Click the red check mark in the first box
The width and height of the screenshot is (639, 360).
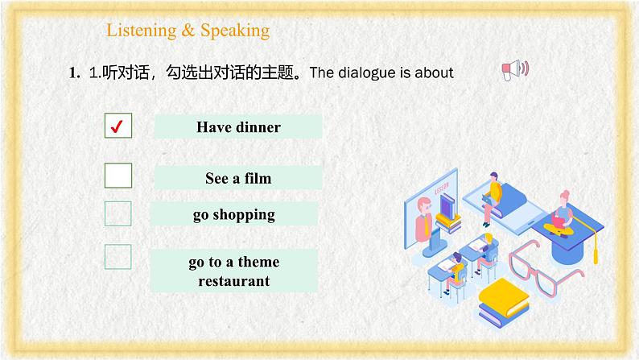(x=118, y=126)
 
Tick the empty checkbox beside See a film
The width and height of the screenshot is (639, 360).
(x=118, y=176)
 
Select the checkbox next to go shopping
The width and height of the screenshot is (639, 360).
(x=118, y=213)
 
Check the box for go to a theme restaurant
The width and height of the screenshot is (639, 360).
(x=118, y=257)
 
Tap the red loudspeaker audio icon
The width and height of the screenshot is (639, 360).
(x=514, y=70)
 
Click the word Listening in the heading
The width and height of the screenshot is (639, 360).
(x=140, y=31)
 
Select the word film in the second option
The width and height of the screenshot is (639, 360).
(x=255, y=178)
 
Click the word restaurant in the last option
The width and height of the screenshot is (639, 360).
(x=234, y=281)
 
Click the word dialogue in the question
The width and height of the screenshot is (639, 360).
(x=369, y=73)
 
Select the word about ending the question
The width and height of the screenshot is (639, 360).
(x=435, y=73)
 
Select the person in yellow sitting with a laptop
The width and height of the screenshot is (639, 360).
(x=493, y=193)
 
